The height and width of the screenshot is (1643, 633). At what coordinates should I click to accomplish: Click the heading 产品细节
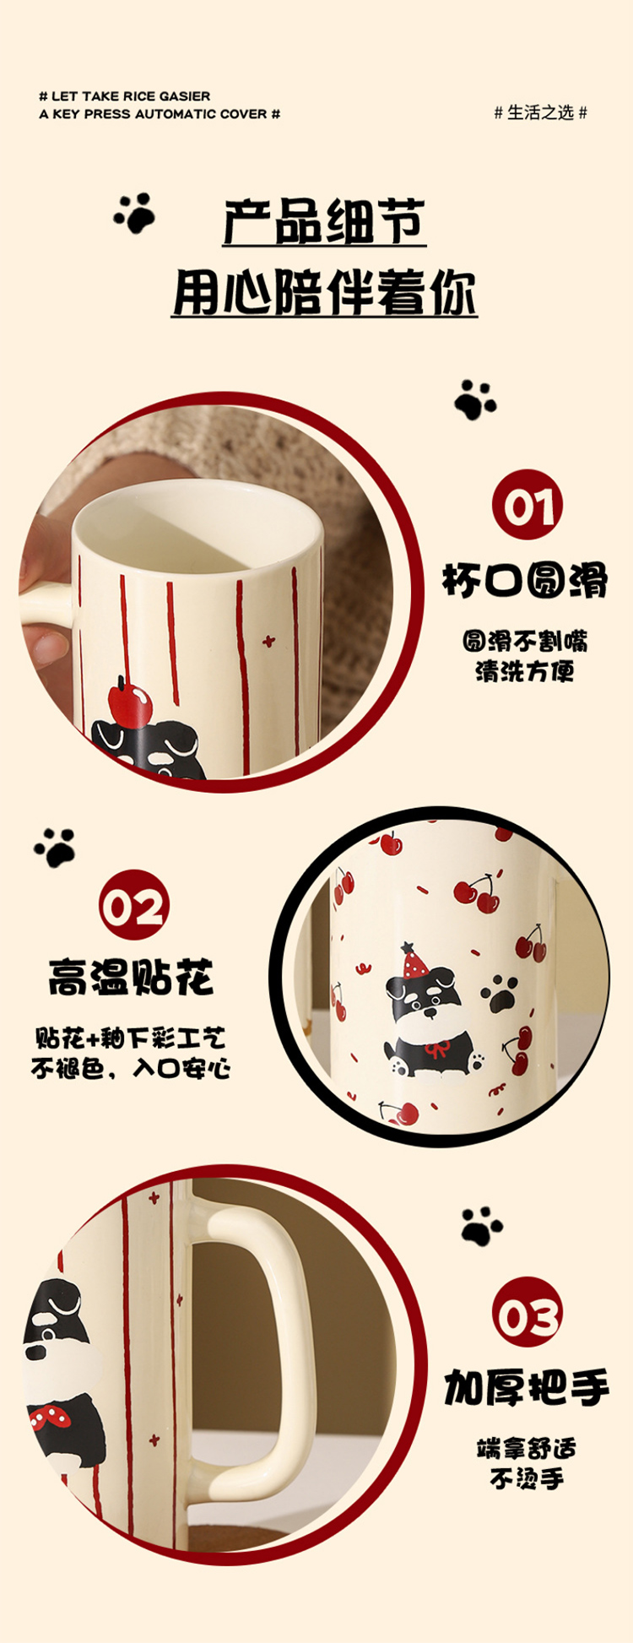pyautogui.click(x=325, y=221)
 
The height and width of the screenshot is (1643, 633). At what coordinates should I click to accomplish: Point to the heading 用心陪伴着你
pyautogui.click(x=325, y=292)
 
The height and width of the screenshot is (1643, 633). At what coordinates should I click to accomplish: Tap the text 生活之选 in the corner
pyautogui.click(x=540, y=112)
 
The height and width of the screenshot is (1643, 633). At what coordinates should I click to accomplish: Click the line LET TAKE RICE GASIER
pyautogui.click(x=130, y=96)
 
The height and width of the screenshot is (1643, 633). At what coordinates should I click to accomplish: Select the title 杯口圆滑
pyautogui.click(x=525, y=582)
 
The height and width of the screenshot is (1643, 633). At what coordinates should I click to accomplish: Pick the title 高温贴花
pyautogui.click(x=132, y=977)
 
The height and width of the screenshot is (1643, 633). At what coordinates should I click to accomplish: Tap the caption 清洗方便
pyautogui.click(x=524, y=671)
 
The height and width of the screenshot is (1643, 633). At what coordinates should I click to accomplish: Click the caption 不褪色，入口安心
pyautogui.click(x=131, y=1068)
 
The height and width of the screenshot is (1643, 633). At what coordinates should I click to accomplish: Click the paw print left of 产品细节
pyautogui.click(x=135, y=213)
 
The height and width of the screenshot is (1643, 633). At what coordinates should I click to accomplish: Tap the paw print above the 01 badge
pyautogui.click(x=475, y=399)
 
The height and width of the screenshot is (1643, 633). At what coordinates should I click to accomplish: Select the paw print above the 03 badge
pyautogui.click(x=482, y=1226)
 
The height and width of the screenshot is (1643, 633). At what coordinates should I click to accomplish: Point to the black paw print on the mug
pyautogui.click(x=500, y=993)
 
